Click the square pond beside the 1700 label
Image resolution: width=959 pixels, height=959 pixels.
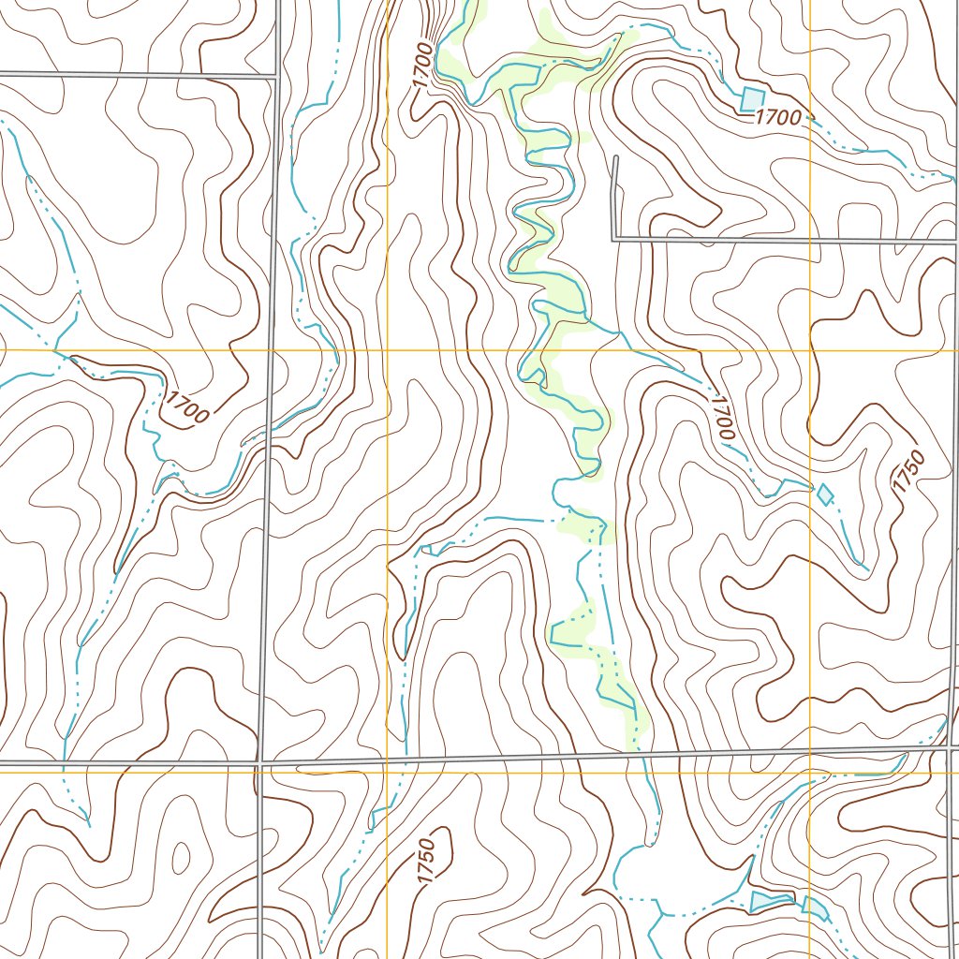tap(753, 97)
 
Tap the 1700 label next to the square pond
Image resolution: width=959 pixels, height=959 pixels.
tap(778, 117)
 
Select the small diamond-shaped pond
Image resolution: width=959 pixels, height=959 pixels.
tap(825, 494)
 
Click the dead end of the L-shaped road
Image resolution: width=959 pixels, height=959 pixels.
tap(615, 157)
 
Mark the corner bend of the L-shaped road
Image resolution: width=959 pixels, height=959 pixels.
tap(613, 240)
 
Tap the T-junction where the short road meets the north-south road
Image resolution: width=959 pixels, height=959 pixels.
tap(275, 75)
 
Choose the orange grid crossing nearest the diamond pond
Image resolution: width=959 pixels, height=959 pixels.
tap(810, 350)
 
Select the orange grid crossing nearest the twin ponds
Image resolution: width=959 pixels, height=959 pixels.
tap(810, 773)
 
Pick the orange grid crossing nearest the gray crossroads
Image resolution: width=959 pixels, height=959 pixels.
tap(387, 773)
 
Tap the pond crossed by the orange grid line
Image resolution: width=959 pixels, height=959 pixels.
tap(815, 907)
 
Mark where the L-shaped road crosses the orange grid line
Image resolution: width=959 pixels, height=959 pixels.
tap(810, 241)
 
